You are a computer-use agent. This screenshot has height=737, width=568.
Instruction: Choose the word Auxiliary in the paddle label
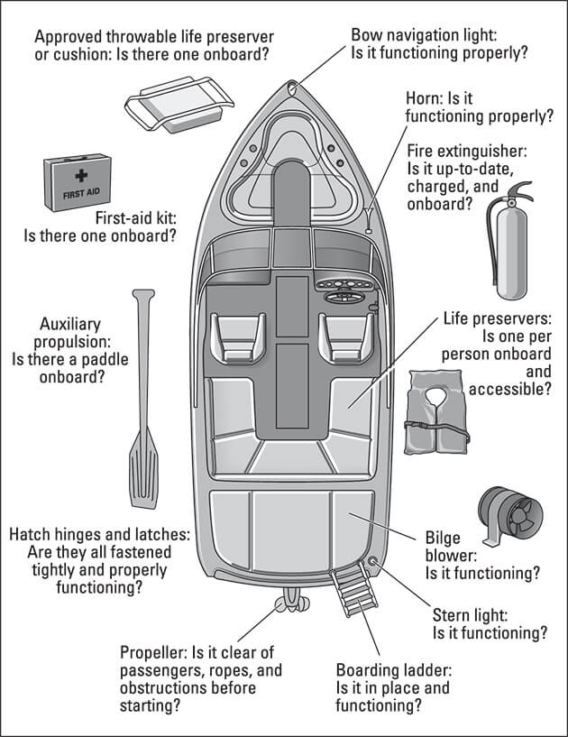[x=70, y=323]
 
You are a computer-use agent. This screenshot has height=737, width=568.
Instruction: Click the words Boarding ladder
[x=393, y=670]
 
